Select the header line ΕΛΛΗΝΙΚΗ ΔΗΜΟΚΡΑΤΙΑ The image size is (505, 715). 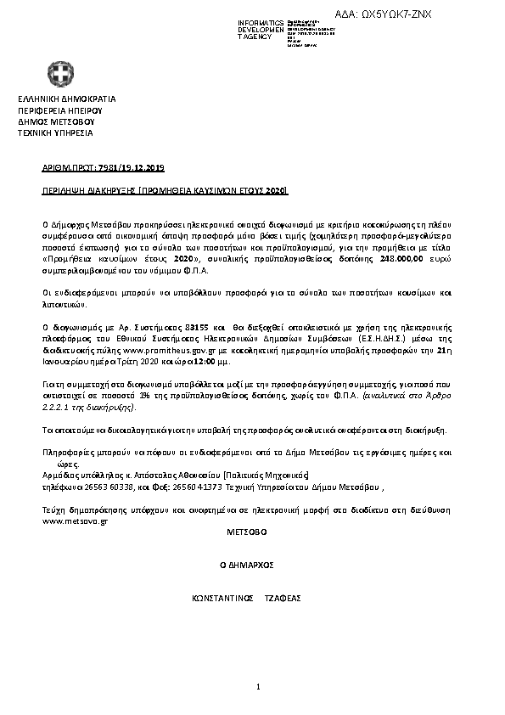click(x=66, y=99)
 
